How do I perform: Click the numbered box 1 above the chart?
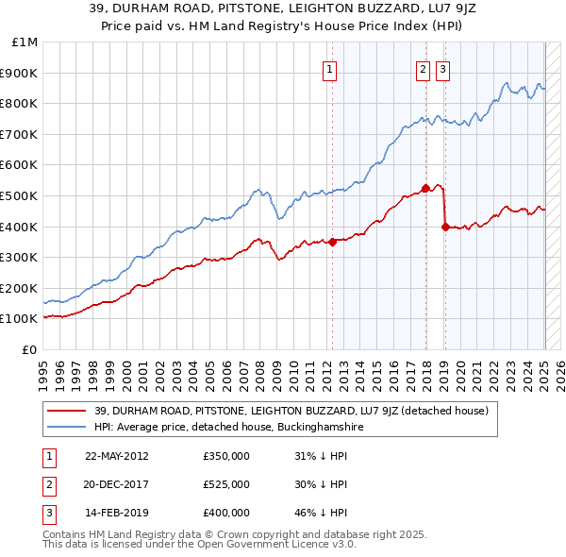(x=330, y=68)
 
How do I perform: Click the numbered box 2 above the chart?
(x=423, y=68)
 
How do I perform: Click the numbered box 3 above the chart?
(x=442, y=68)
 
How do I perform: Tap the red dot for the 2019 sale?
(x=444, y=227)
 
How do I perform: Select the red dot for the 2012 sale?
(x=332, y=242)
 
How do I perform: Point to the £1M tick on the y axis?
(x=25, y=42)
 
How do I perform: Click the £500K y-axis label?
(x=22, y=195)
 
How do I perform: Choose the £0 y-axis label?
(x=29, y=349)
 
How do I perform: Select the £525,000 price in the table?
(x=226, y=484)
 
